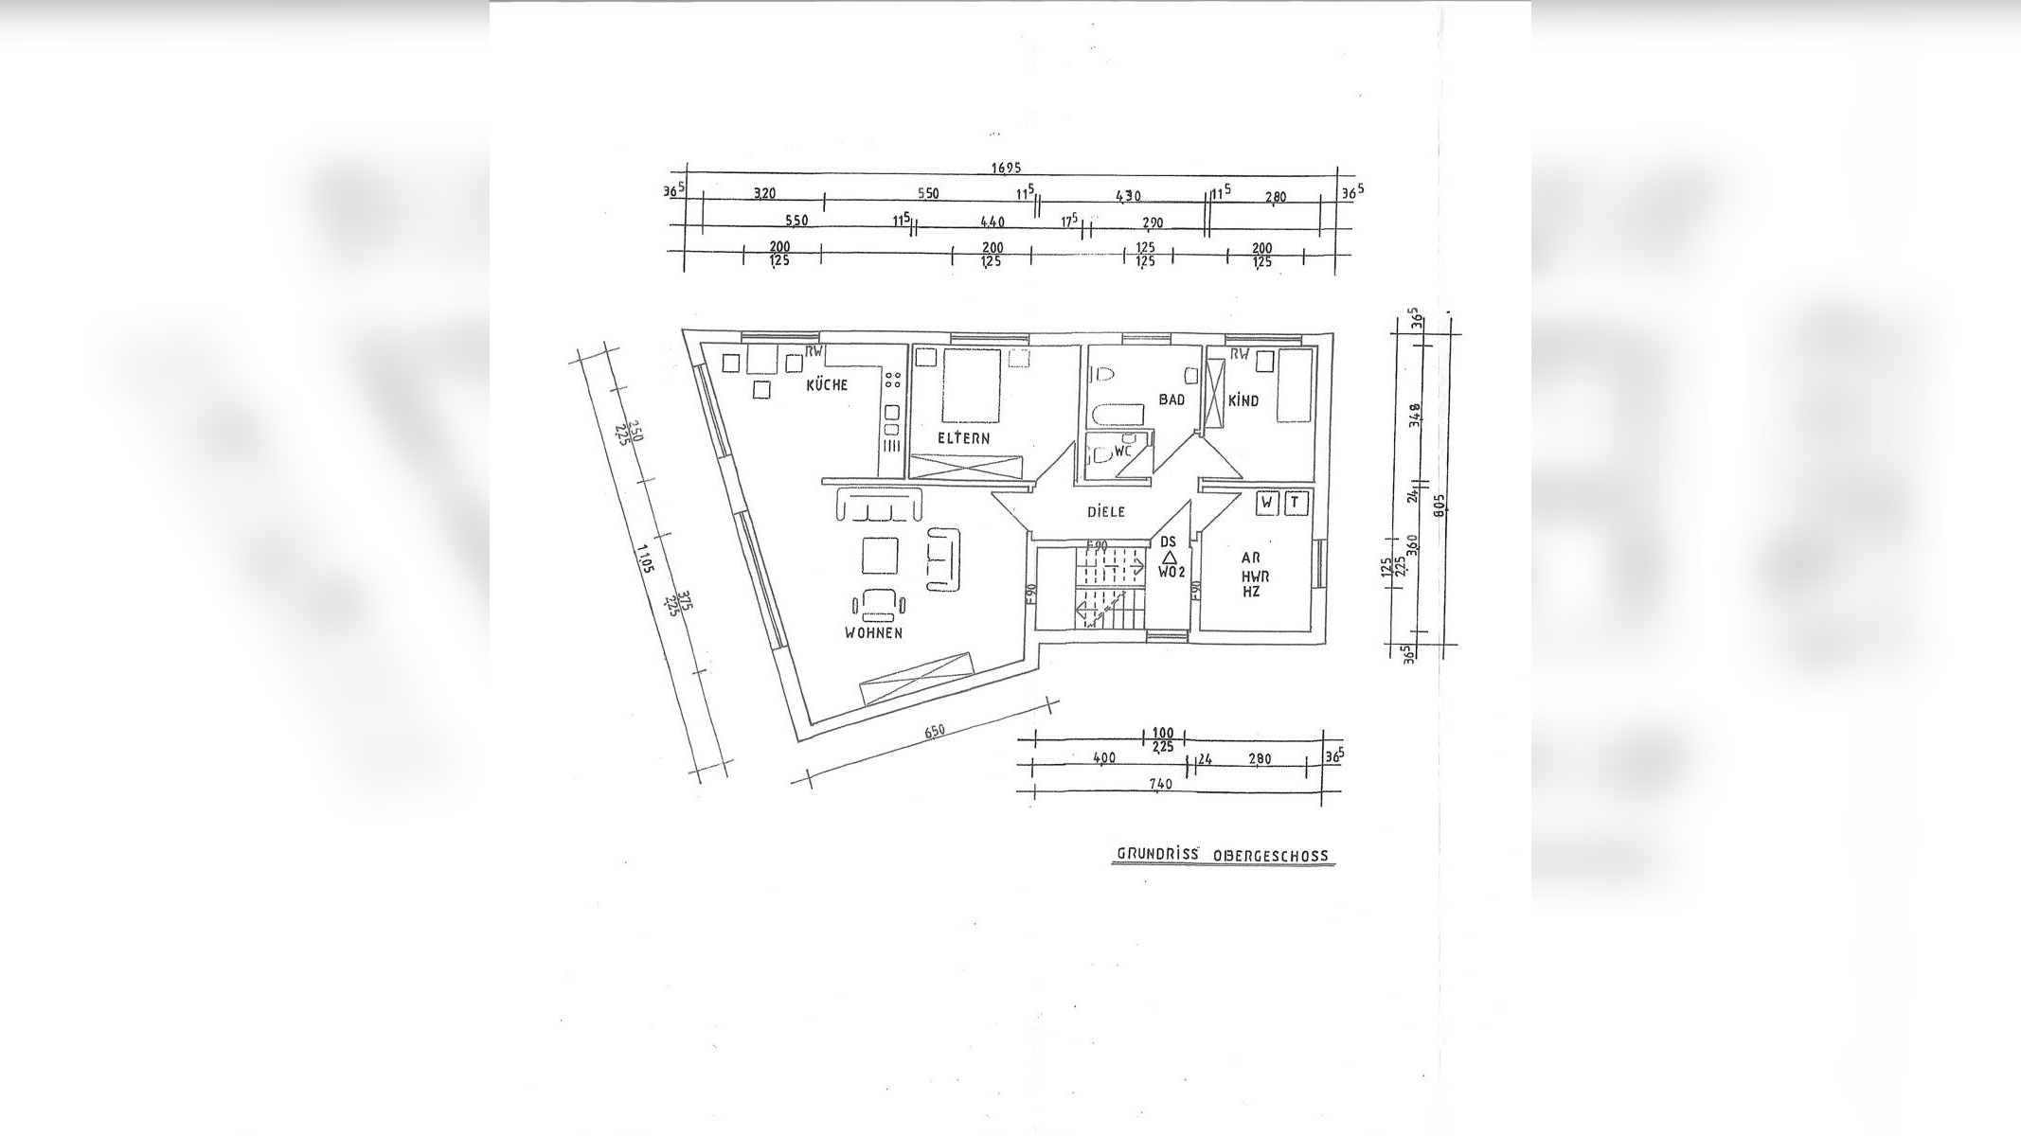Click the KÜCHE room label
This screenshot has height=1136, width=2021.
(827, 385)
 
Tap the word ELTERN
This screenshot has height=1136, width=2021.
(963, 438)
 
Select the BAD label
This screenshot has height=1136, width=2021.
(1171, 400)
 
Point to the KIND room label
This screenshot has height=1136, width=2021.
(1243, 401)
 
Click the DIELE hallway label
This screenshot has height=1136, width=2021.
(1106, 512)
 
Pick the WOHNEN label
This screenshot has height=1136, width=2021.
(873, 633)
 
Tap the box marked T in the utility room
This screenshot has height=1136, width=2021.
(1295, 504)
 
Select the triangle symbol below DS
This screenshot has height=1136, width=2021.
(1169, 558)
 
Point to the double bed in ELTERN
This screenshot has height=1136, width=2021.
(972, 385)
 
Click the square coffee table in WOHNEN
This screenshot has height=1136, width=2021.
(880, 556)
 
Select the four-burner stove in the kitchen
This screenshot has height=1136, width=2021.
(230, 381)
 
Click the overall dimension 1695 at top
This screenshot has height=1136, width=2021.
(1006, 169)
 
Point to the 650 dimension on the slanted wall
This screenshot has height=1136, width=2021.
(934, 733)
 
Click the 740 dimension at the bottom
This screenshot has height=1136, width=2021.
(1160, 784)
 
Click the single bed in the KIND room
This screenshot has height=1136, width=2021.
(1295, 385)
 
